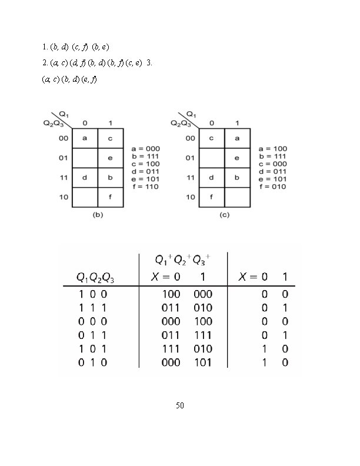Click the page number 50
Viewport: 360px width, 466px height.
[x=180, y=406]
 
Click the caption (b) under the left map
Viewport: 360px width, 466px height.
[x=98, y=215]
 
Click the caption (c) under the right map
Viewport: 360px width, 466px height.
[x=224, y=215]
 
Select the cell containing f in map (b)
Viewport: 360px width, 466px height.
[x=110, y=197]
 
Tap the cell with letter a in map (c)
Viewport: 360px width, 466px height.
[x=236, y=138]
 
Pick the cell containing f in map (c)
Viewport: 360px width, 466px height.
[x=211, y=197]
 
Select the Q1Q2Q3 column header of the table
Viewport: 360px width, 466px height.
[x=96, y=277]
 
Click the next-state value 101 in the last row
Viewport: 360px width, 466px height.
[x=203, y=363]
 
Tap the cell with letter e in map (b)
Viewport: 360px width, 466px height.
[x=110, y=158]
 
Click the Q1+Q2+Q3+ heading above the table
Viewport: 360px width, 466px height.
[x=182, y=259]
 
